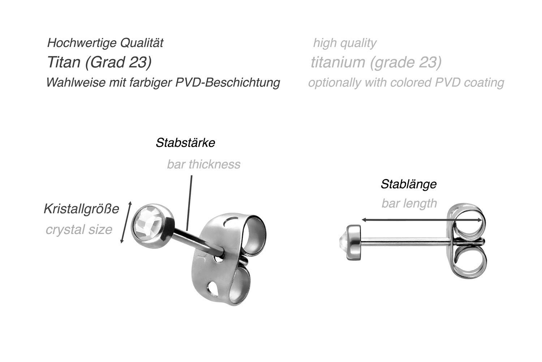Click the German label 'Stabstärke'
[185, 143]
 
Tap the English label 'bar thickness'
[203, 165]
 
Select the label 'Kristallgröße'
[81, 209]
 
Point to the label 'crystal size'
[79, 230]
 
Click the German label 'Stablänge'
[409, 184]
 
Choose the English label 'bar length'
[409, 204]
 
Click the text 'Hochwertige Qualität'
[105, 43]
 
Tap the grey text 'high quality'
[344, 43]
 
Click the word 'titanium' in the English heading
[338, 62]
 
